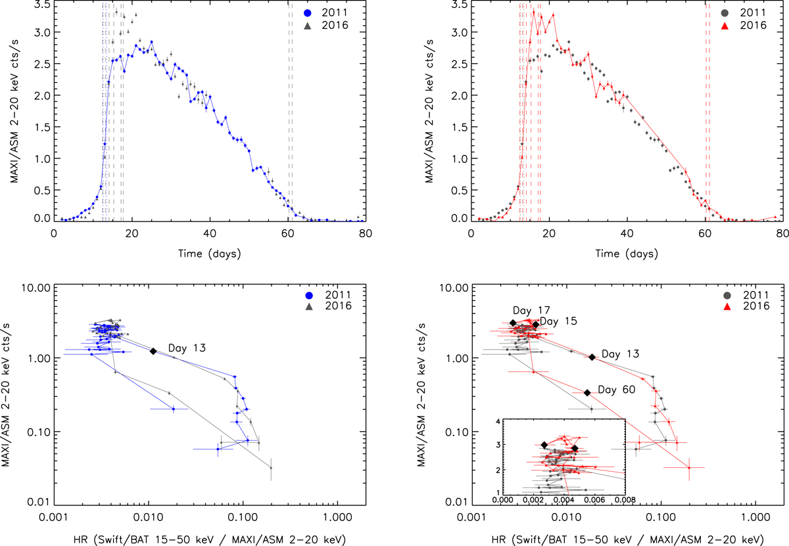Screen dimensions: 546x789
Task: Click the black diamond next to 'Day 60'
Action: tap(587, 393)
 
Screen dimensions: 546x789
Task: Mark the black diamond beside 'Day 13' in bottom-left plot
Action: tap(153, 352)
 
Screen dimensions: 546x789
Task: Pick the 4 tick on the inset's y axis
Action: tap(499, 421)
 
